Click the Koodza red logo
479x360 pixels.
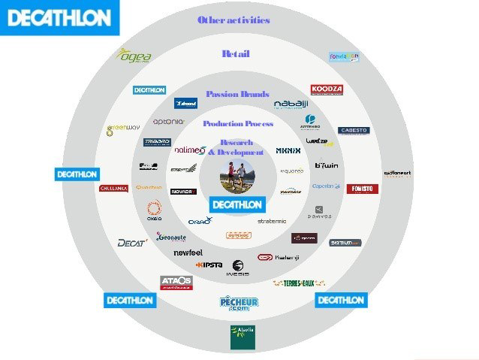pos(327,90)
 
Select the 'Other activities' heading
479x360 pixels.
pos(233,20)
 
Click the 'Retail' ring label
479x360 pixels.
pos(236,54)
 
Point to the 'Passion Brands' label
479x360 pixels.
pos(237,95)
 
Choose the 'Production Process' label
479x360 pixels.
pos(238,123)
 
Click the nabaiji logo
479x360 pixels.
pos(290,104)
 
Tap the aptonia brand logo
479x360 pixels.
pos(167,121)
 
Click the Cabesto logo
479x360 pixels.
pos(353,131)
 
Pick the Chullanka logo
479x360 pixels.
pos(113,188)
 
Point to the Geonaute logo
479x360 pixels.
pos(171,237)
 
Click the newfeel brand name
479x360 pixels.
pos(188,253)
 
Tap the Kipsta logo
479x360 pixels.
pos(209,265)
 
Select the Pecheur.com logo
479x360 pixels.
pos(239,304)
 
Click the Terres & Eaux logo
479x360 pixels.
pos(298,283)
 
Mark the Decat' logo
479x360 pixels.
pos(131,243)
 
